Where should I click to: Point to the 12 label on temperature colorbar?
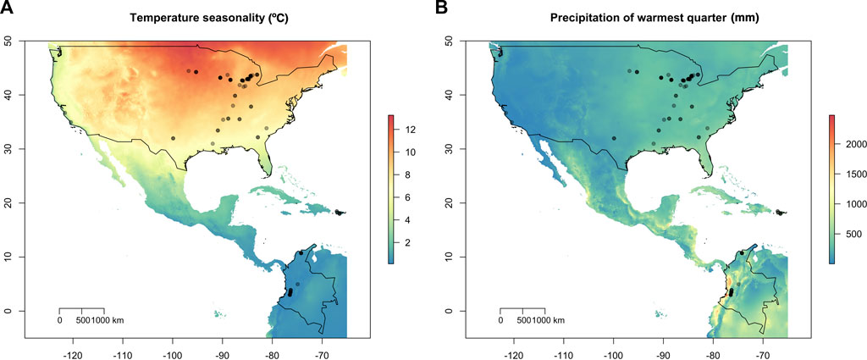click(x=407, y=130)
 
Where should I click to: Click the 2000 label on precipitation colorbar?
click(x=849, y=144)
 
